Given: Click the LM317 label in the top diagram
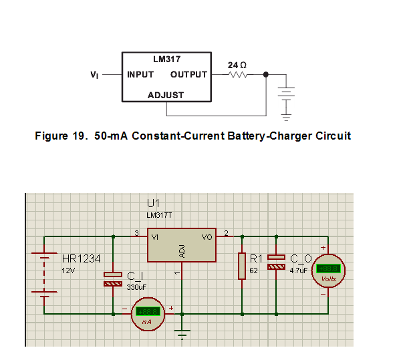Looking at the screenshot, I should point(166,59).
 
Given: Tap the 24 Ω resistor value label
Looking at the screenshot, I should point(237,65).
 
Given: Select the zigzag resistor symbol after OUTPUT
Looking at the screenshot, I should point(239,75).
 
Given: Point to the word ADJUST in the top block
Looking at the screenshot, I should point(166,95).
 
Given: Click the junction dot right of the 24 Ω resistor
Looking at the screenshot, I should point(266,75).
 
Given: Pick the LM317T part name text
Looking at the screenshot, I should point(160,216).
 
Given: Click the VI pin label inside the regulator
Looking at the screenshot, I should point(155,237).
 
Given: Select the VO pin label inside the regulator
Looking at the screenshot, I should point(207,237).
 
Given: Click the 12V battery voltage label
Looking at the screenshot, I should point(70,271).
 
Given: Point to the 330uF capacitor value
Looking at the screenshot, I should point(137,287).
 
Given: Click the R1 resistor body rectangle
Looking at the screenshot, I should point(241,265).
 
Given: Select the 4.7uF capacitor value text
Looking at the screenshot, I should point(298,271).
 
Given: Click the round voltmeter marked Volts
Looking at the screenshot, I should point(329,272).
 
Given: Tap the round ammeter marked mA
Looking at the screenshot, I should point(147,314).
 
